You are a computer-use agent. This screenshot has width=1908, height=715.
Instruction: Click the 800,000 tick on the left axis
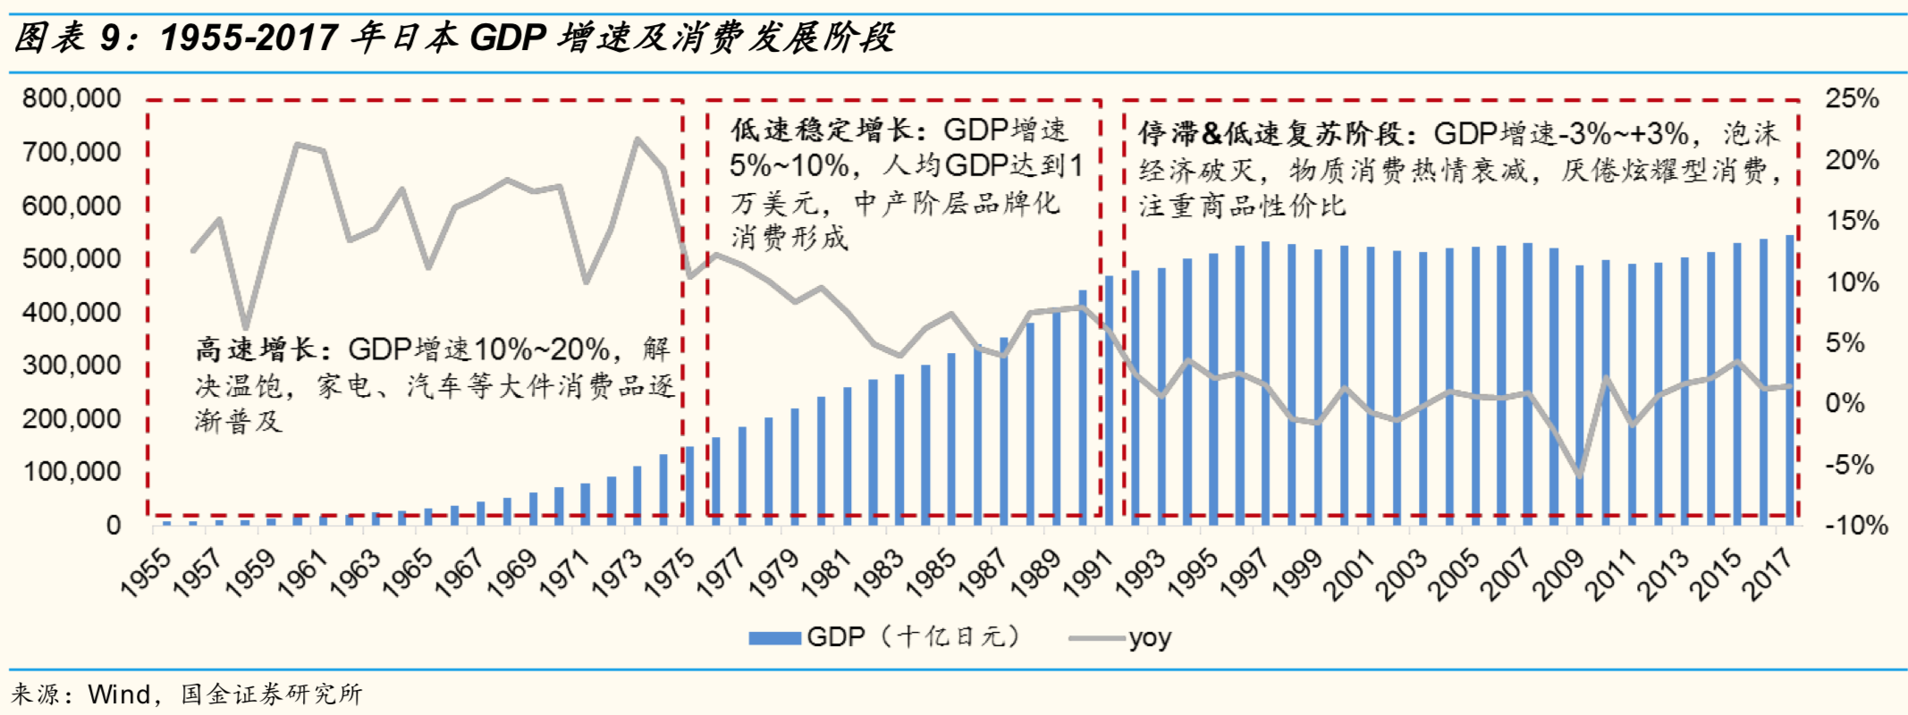72,98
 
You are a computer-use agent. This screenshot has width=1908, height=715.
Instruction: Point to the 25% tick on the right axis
1852,98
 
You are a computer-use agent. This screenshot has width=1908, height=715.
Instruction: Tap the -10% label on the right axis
1856,526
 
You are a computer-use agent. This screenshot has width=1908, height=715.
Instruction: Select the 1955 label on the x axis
146,572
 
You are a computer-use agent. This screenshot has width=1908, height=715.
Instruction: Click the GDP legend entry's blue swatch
774,638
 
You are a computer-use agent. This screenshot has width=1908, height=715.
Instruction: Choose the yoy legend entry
1149,638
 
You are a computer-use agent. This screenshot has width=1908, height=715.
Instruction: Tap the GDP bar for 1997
1265,384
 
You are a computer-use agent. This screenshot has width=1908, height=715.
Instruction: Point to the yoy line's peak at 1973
637,139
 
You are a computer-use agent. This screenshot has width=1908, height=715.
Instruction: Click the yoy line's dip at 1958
245,328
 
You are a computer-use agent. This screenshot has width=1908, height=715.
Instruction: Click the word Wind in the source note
119,694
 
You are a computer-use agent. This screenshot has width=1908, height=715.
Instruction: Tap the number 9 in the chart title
110,38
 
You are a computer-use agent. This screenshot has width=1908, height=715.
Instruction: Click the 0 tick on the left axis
114,526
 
